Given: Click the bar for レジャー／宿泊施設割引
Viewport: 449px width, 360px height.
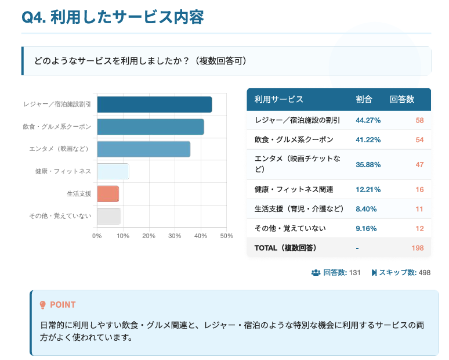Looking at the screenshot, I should pyautogui.click(x=154, y=105).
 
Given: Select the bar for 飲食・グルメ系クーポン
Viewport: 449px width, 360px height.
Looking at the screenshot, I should pyautogui.click(x=150, y=127).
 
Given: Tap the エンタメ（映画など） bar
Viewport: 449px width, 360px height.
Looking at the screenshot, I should pyautogui.click(x=143, y=149).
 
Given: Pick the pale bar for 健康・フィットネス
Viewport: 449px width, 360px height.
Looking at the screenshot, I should pyautogui.click(x=113, y=171).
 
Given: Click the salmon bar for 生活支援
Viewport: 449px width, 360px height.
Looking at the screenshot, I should pyautogui.click(x=108, y=193).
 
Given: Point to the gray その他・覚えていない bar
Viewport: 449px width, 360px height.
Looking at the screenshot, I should pyautogui.click(x=109, y=216).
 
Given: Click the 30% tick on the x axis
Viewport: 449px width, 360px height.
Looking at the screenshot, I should pyautogui.click(x=175, y=236).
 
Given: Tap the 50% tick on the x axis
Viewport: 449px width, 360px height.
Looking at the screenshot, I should pyautogui.click(x=226, y=236).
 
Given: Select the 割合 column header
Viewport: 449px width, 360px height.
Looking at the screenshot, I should pyautogui.click(x=364, y=99).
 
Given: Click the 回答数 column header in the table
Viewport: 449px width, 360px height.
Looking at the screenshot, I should pyautogui.click(x=402, y=99).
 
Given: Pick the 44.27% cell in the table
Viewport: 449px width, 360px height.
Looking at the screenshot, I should pyautogui.click(x=368, y=120).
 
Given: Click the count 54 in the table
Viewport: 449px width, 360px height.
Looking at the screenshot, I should pyautogui.click(x=420, y=140).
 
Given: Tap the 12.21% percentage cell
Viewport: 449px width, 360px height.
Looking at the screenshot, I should pyautogui.click(x=368, y=189).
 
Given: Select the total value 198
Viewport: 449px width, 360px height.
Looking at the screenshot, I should pyautogui.click(x=418, y=248).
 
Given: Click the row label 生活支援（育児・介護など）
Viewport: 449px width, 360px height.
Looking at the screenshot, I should pyautogui.click(x=299, y=209).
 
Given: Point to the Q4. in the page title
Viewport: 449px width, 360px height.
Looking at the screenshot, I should pyautogui.click(x=34, y=17).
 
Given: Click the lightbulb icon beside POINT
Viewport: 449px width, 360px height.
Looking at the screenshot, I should pyautogui.click(x=42, y=305).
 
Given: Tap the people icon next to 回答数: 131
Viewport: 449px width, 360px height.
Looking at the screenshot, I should pyautogui.click(x=316, y=272).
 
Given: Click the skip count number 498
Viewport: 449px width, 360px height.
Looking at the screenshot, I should pyautogui.click(x=424, y=272).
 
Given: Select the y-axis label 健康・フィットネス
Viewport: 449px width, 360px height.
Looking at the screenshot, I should pyautogui.click(x=63, y=171).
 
